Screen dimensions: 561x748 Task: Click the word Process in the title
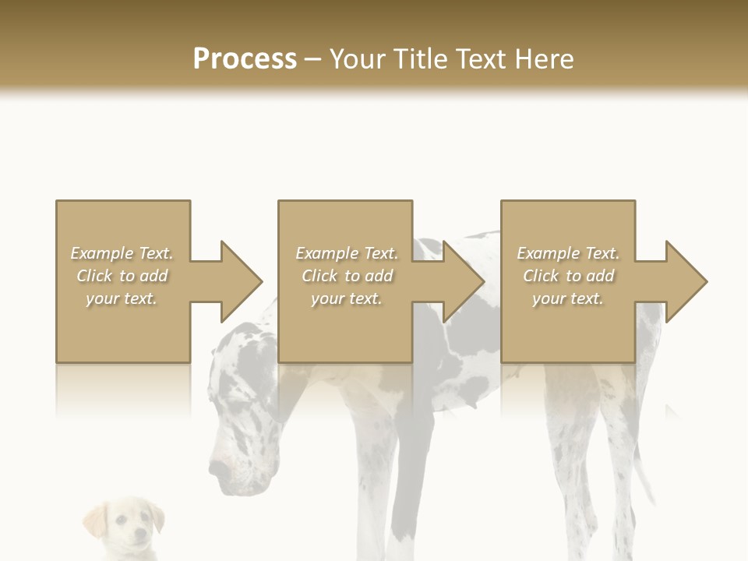click(x=245, y=59)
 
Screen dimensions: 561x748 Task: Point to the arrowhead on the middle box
click(x=463, y=281)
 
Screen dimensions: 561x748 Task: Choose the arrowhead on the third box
click(x=686, y=281)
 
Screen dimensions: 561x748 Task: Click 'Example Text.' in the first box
click(x=122, y=253)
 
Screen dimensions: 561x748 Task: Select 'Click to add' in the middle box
click(x=347, y=276)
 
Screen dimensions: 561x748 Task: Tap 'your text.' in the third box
click(x=568, y=298)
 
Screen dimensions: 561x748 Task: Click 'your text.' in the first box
click(x=122, y=298)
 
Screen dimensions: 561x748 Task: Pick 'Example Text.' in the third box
click(x=568, y=253)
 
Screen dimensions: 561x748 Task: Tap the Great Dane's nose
click(x=217, y=470)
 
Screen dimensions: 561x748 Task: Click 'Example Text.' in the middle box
click(x=347, y=253)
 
